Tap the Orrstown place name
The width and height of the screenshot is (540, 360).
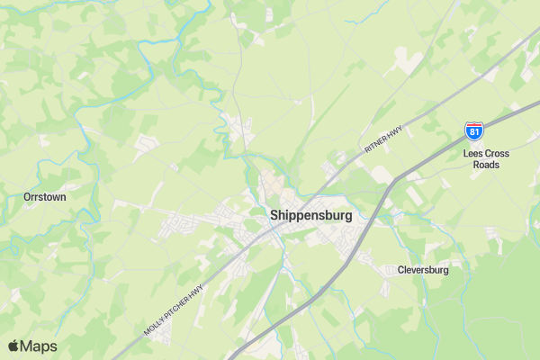coord(45,196)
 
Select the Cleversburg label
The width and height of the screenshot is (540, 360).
coord(422,270)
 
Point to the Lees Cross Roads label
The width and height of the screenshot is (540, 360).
coord(486,159)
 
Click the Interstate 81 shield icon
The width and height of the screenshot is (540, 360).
coord(474,132)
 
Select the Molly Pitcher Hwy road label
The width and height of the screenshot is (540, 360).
coord(175,307)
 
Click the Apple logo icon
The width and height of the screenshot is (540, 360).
coord(13,346)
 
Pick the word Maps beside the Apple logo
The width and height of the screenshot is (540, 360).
coord(39,346)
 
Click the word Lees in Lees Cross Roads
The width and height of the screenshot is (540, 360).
coord(474,154)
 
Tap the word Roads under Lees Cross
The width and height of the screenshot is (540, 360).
coord(486,165)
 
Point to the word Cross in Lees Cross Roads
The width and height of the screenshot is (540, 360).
coord(497,154)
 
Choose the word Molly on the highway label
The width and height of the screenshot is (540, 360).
coord(153,325)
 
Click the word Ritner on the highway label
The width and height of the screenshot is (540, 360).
coord(374,142)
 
